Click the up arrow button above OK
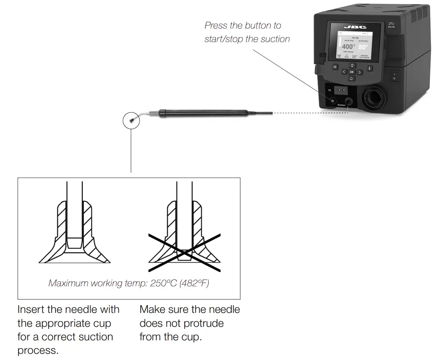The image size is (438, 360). click(x=352, y=66)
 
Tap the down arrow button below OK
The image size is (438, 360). click(x=352, y=79)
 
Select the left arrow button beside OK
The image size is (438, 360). click(x=344, y=72)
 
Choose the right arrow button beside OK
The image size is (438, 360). click(x=359, y=72)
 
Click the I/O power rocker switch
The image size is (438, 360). click(x=394, y=76)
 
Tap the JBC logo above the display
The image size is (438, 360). click(x=349, y=27)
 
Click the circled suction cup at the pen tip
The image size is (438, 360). click(x=131, y=120)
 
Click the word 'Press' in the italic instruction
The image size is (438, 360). click(x=216, y=26)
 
